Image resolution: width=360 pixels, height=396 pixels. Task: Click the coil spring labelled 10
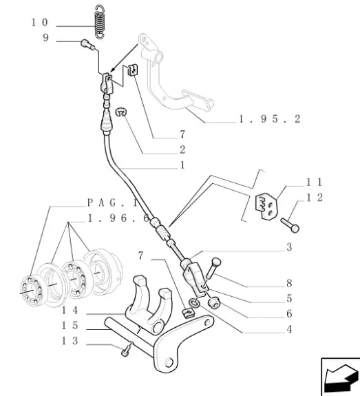click(x=100, y=22)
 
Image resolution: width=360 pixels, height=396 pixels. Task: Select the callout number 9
click(x=45, y=38)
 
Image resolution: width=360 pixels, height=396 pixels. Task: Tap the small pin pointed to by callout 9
click(x=87, y=45)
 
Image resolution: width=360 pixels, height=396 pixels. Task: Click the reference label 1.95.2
click(x=270, y=119)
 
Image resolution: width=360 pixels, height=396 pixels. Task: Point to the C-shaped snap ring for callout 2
click(x=121, y=112)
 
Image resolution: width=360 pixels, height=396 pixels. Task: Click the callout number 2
click(x=182, y=149)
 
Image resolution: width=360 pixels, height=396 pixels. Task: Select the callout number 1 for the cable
click(x=182, y=165)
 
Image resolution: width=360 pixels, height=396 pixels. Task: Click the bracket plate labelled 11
click(x=267, y=207)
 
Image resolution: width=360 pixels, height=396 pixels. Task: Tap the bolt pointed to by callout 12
click(x=290, y=225)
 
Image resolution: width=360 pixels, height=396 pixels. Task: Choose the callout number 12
click(x=315, y=198)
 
